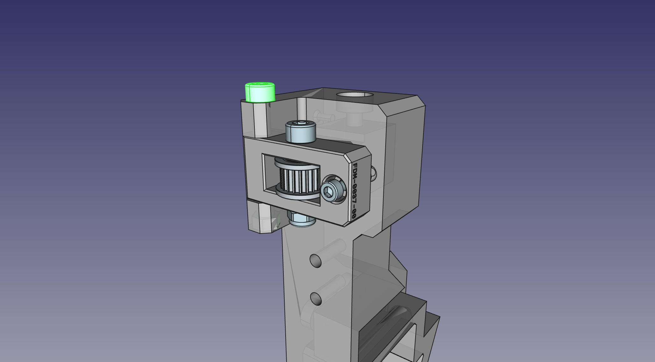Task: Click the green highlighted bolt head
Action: [x=260, y=93]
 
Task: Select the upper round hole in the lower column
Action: [x=316, y=261]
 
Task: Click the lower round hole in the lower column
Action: [x=316, y=299]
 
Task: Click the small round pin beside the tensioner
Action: [x=374, y=173]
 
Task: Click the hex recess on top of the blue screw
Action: [x=300, y=123]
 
